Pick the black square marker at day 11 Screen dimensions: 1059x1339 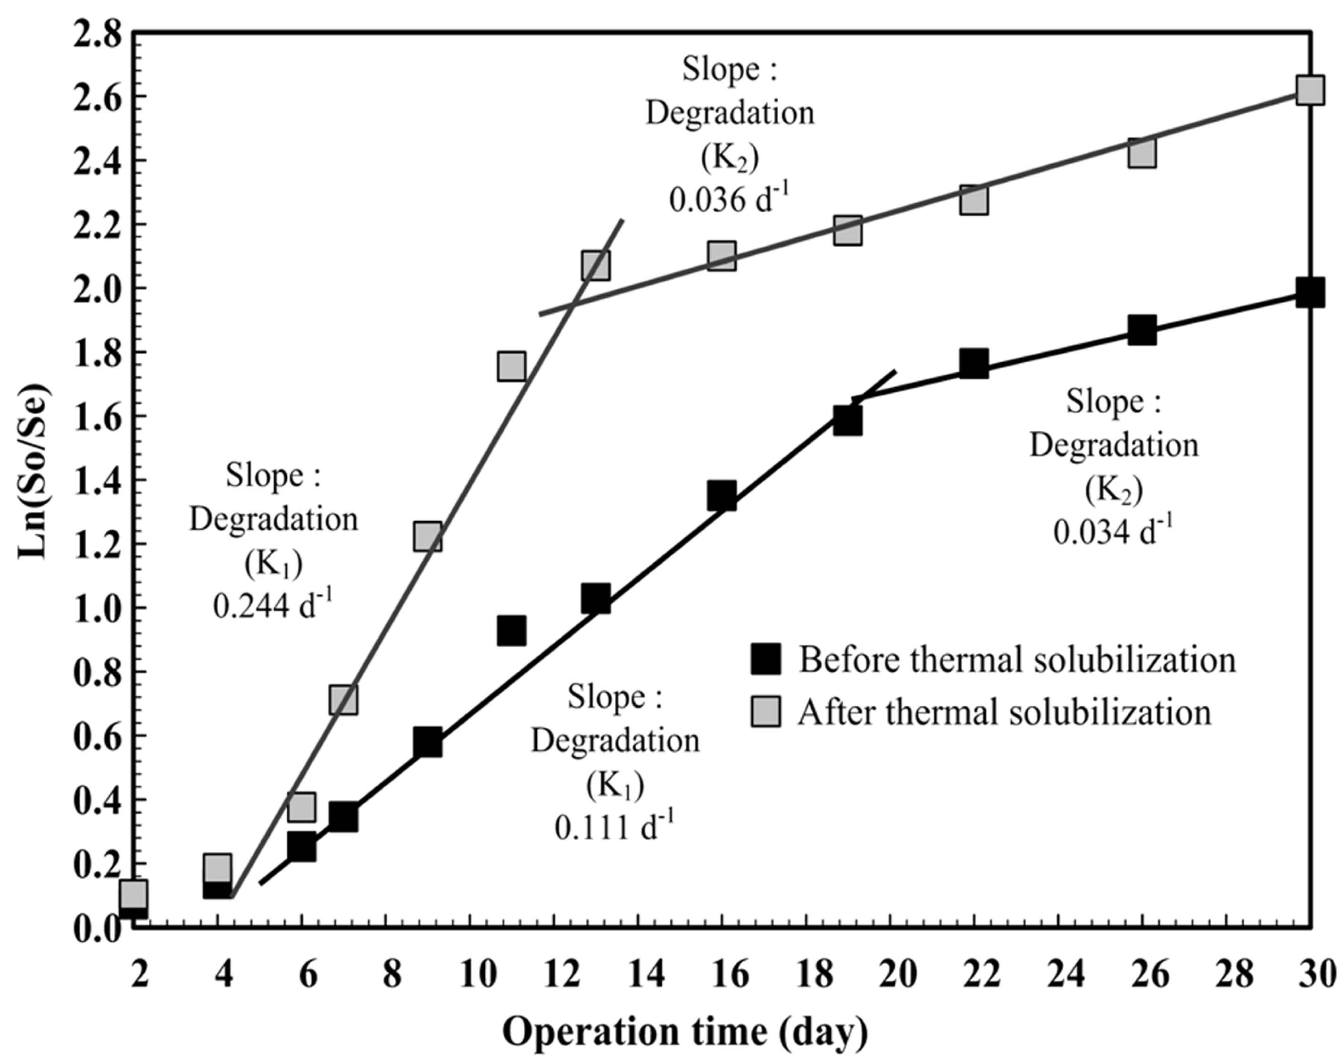511,631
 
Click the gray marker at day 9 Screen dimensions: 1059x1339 428,536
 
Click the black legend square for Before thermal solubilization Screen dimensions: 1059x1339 765,659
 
